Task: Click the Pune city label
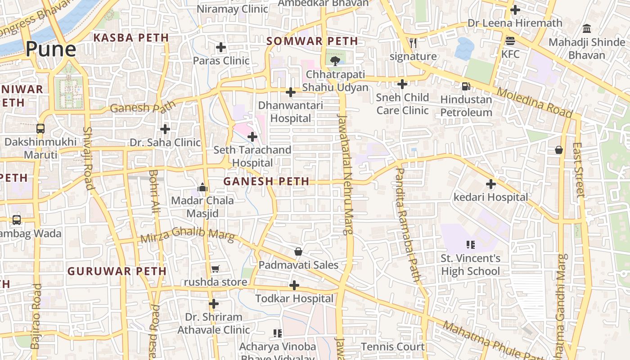(x=50, y=49)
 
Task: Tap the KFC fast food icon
(x=510, y=41)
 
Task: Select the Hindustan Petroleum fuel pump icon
(x=466, y=86)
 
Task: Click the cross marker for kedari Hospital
(x=490, y=184)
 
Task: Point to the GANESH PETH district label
(x=266, y=181)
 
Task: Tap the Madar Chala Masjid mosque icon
(x=202, y=187)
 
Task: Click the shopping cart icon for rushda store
(x=215, y=269)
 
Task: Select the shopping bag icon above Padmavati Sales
(x=298, y=251)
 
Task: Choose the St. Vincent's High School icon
(x=470, y=245)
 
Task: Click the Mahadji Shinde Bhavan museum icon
(x=586, y=29)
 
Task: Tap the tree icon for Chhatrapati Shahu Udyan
(x=334, y=61)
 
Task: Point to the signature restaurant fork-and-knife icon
(x=413, y=43)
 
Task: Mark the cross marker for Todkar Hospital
(x=294, y=285)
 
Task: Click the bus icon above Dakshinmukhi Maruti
(x=40, y=129)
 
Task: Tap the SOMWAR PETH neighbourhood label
(x=312, y=41)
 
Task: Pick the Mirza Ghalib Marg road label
(x=187, y=235)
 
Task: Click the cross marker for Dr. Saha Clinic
(x=165, y=129)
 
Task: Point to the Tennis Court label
(x=392, y=346)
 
